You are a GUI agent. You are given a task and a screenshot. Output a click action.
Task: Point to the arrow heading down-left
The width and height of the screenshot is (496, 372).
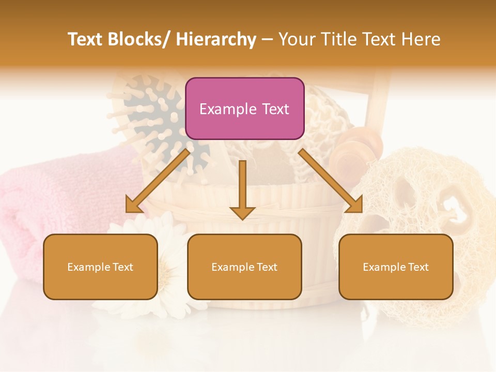click(158, 181)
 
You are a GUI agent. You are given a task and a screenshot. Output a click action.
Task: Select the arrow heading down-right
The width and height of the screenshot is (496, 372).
click(331, 181)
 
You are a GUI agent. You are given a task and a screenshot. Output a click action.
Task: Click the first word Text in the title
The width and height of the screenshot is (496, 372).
click(86, 39)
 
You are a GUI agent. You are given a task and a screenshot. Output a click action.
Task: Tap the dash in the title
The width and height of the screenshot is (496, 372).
click(267, 39)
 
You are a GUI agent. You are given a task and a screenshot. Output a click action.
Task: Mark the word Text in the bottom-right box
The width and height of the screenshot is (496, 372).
click(417, 267)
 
